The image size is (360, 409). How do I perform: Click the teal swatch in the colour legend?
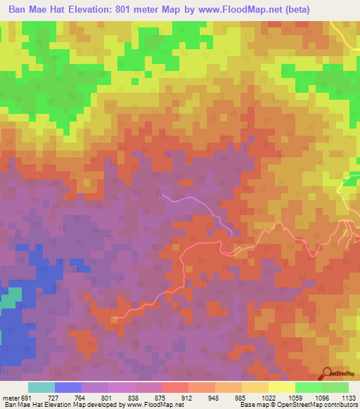41,387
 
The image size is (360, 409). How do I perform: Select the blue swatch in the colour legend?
67,387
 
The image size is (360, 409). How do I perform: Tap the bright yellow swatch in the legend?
281,387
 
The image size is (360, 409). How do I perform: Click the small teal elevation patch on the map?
10,298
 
